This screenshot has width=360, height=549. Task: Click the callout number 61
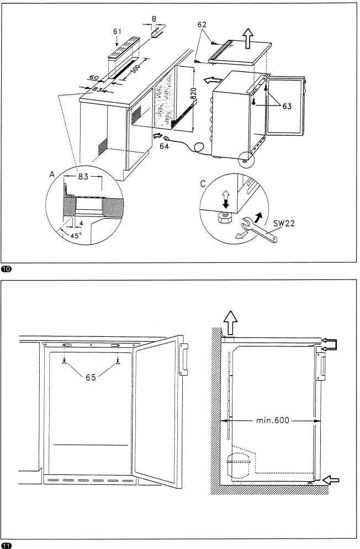point(117,31)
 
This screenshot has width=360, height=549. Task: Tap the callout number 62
point(202,24)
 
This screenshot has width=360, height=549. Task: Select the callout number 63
point(287,106)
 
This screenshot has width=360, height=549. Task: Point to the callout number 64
point(164,146)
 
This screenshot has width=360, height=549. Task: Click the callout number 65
point(91,377)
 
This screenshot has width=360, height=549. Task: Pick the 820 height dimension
point(193,94)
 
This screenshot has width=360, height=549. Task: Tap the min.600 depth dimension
point(273,420)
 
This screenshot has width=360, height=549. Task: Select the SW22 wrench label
point(284,223)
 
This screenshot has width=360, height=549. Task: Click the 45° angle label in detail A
point(76,236)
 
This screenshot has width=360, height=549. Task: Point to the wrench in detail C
point(260,230)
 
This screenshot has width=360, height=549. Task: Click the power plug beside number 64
point(167,138)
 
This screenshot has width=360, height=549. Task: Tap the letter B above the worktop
point(153,19)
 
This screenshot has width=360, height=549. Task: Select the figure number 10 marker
point(6,269)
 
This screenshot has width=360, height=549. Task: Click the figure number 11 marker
point(6,545)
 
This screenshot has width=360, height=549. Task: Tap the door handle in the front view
point(183,359)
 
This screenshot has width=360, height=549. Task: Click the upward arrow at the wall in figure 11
point(230,322)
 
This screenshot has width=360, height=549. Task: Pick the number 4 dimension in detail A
point(81,223)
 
